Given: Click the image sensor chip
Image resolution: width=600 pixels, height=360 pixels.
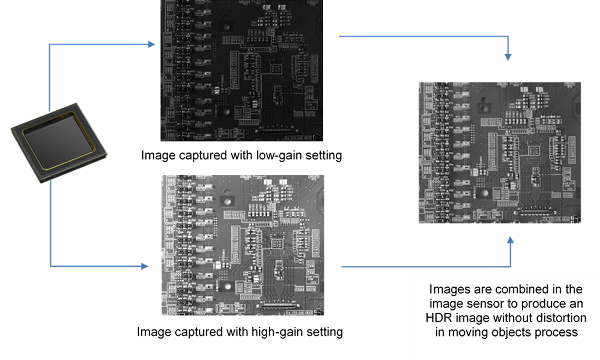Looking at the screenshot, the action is [59, 142].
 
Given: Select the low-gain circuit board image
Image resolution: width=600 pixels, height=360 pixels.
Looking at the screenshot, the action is [241, 70].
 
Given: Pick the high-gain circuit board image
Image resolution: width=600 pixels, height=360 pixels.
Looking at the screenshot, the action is [243, 245].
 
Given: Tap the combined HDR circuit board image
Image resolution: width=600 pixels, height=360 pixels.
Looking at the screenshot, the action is [500, 153].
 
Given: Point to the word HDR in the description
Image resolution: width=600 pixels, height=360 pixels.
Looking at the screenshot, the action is [439, 318].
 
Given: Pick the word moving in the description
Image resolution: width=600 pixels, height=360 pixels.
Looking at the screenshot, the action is [467, 332].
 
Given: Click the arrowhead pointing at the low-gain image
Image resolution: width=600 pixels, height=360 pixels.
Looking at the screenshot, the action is [152, 44].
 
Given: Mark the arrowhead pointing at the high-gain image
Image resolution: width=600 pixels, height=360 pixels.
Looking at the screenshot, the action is [144, 266].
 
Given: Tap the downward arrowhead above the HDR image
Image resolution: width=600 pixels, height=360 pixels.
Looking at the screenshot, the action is [508, 57].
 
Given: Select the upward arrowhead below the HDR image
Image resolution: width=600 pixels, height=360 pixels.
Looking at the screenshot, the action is [510, 240].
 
